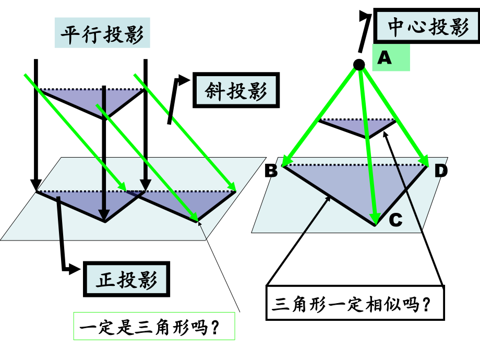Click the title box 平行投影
coord(102,33)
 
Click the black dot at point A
coord(359,64)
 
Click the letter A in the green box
coord(385,57)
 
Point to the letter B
coord(271,171)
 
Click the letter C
coord(395,221)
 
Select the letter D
coord(441,171)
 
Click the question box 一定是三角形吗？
coord(154,328)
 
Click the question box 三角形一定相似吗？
coord(355,303)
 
